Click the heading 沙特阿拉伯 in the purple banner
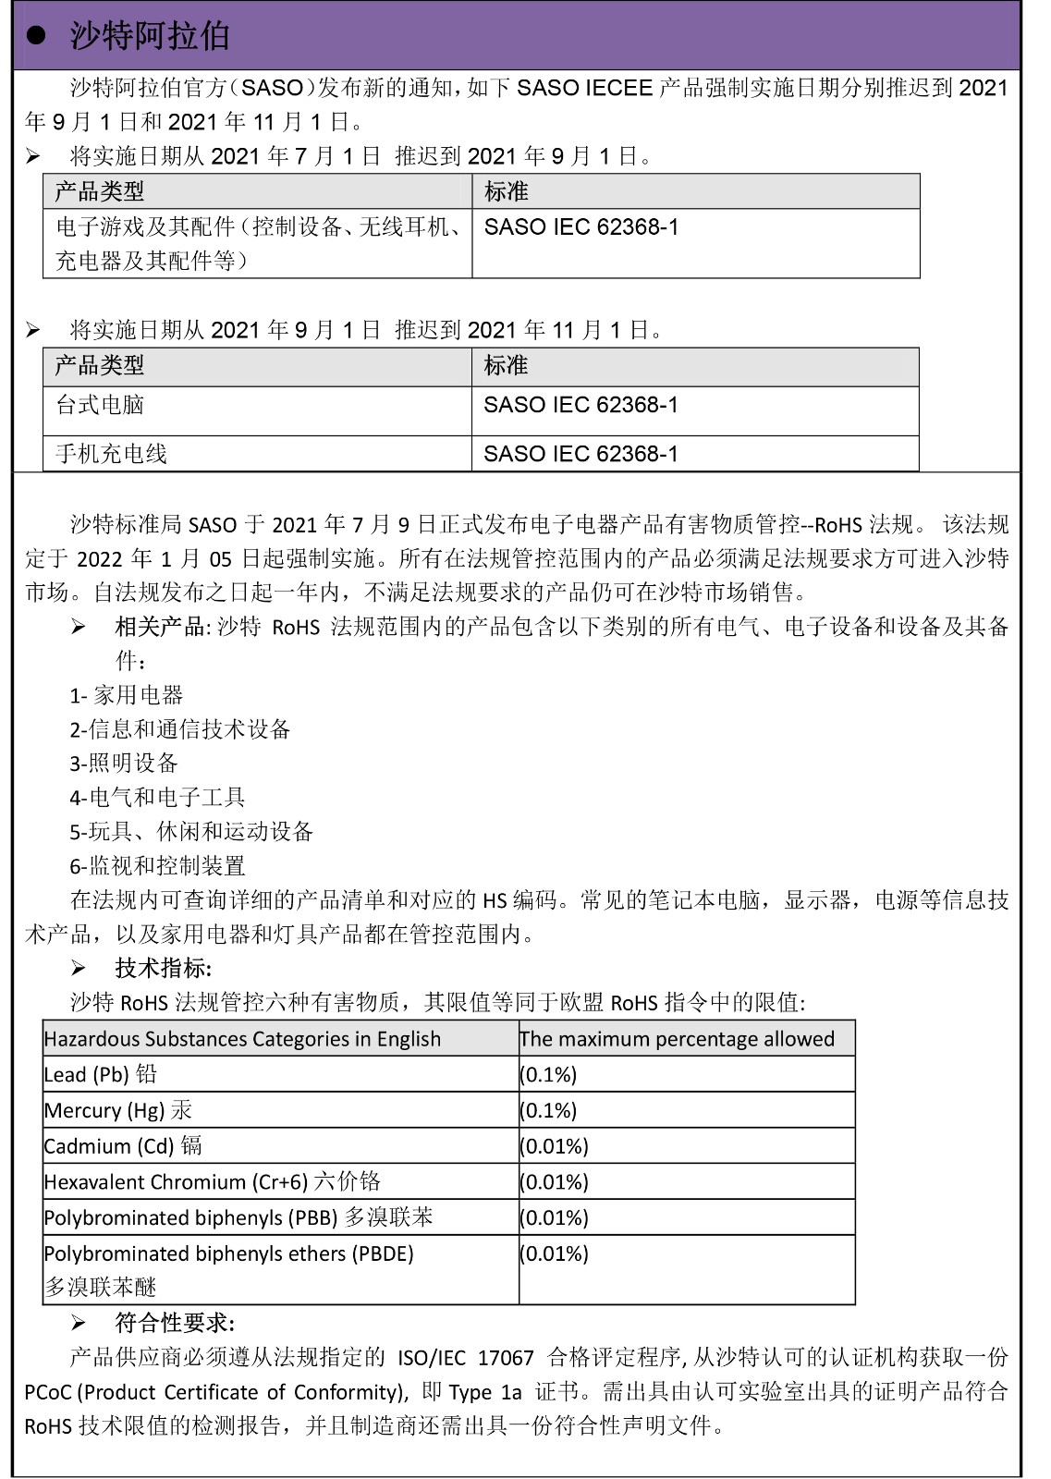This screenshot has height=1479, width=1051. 150,36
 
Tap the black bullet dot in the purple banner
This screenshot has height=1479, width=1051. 36,36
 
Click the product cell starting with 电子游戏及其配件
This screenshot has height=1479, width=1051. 257,243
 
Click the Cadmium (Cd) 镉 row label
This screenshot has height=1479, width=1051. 123,1146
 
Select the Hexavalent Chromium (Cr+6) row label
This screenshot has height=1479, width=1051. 212,1182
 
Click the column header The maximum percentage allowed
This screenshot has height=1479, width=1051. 677,1039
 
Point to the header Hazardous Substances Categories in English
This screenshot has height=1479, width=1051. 242,1039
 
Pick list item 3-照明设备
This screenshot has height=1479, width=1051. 124,764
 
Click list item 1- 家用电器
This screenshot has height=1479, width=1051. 127,695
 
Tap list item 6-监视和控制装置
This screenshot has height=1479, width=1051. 158,866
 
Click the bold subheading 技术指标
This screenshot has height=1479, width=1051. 163,969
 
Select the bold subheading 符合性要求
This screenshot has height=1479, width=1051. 175,1324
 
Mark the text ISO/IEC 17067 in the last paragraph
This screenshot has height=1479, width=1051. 466,1358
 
